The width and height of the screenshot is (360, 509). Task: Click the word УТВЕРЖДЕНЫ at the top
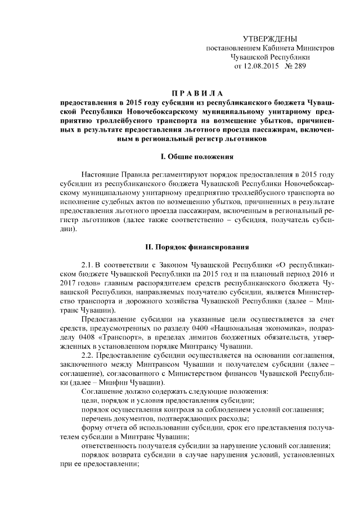point(269,38)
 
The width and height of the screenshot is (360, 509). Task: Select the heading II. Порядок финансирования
point(199,247)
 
